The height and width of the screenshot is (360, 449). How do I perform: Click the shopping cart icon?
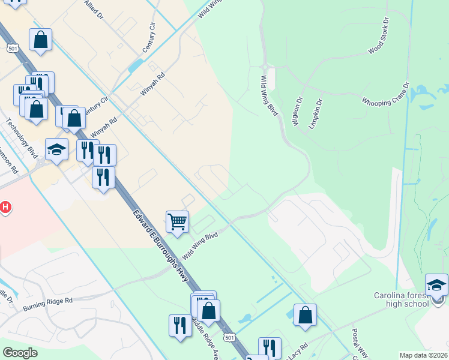tap(177, 221)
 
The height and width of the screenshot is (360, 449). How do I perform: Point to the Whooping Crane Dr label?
tap(385, 94)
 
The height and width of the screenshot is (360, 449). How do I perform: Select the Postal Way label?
tap(364, 344)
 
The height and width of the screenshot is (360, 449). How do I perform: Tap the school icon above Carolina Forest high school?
tap(436, 284)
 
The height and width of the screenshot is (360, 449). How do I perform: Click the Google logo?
tap(20, 353)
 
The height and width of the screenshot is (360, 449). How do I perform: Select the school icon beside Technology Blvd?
tap(56, 149)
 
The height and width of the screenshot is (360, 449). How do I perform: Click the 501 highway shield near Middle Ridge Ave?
tap(229, 338)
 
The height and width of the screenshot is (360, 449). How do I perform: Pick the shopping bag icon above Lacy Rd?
tap(305, 314)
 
